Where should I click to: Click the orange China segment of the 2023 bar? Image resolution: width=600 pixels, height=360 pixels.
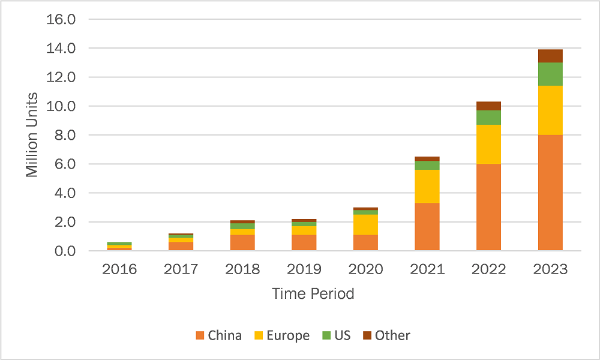[x=550, y=193]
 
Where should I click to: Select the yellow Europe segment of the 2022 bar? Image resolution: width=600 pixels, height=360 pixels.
[x=488, y=144]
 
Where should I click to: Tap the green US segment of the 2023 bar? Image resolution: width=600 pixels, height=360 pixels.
[x=550, y=74]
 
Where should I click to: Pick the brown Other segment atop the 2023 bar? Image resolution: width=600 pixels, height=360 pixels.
[x=550, y=56]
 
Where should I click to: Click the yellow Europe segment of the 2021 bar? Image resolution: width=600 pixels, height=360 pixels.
[x=427, y=186]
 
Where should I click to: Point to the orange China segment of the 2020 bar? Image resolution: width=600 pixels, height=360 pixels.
[x=365, y=242]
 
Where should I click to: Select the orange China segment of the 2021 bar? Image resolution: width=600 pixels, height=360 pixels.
[x=427, y=226]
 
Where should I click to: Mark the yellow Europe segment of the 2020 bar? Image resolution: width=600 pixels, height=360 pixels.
[x=365, y=224]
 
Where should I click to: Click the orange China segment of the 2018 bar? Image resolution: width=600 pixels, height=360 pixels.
[x=242, y=242]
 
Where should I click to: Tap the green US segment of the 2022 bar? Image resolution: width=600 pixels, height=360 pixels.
[x=488, y=118]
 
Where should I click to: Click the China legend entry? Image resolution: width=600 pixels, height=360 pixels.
[x=218, y=335]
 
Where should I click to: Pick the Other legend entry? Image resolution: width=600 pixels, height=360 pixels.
[x=386, y=335]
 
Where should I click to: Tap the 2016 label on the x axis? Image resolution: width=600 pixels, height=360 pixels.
[x=119, y=269]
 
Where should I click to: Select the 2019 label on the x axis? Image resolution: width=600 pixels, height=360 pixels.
[x=304, y=269]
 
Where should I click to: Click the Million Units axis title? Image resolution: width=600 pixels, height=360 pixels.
[x=32, y=134]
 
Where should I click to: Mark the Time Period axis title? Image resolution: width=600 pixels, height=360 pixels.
[x=313, y=294]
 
